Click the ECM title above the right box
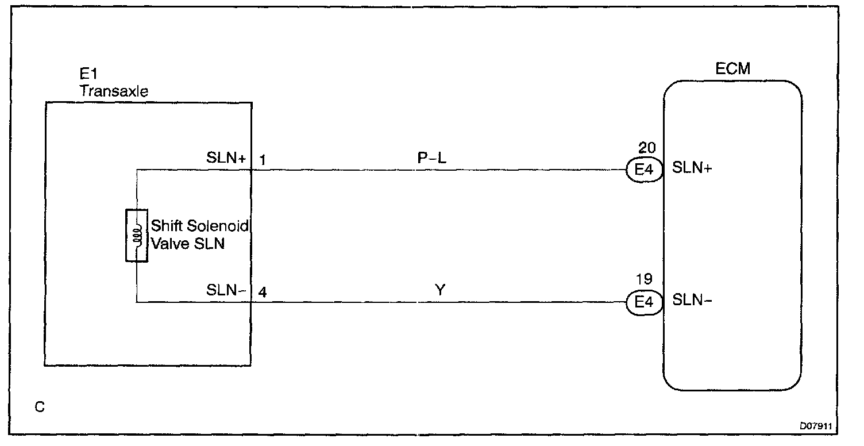pos(733,70)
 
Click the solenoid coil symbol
pos(137,236)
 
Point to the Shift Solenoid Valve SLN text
pos(199,234)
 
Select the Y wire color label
pos(440,291)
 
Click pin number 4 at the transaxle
pos(262,292)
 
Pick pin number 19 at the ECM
pos(645,279)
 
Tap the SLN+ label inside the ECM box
pos(692,168)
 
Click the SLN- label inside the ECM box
pos(692,301)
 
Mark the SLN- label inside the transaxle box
pos(226,291)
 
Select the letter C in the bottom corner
pos(39,407)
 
